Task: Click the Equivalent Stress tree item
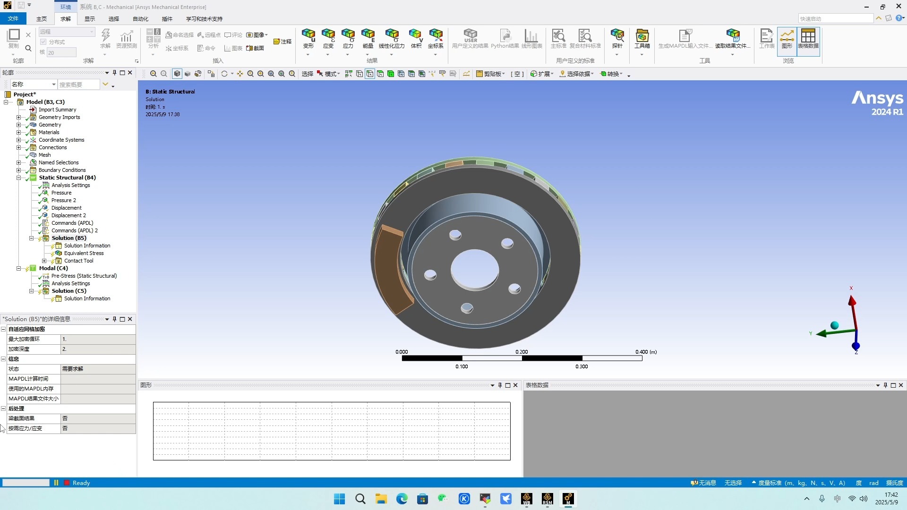[84, 253]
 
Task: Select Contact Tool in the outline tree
[78, 261]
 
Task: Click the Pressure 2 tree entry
[63, 200]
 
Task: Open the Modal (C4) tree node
[53, 268]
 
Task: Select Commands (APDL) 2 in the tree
[74, 230]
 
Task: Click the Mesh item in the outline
[44, 155]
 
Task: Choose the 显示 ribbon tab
[90, 19]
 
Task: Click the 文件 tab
[13, 19]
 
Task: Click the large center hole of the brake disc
[474, 270]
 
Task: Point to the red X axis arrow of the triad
[852, 302]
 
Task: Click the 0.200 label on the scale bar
[522, 352]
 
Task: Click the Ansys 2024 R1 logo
[877, 103]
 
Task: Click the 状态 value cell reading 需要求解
[98, 369]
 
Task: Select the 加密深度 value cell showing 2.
[98, 349]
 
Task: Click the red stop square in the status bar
[67, 483]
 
